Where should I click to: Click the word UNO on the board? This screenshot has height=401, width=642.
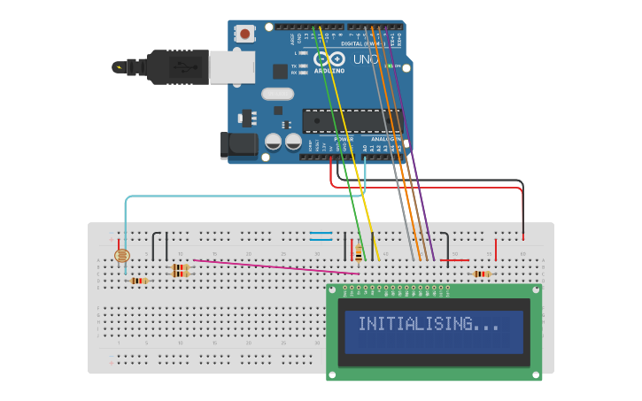[x=367, y=59]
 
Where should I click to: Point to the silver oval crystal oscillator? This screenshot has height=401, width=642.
[x=276, y=94]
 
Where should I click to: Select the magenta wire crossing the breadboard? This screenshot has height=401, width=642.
[x=266, y=266]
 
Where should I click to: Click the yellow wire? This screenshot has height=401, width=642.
[x=354, y=159]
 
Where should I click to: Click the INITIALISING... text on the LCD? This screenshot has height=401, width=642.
[x=429, y=324]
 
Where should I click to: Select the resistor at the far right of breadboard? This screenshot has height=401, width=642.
[x=481, y=274]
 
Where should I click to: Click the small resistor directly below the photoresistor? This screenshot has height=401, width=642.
[x=138, y=281]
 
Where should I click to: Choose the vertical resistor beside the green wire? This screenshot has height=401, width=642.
[x=358, y=253]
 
